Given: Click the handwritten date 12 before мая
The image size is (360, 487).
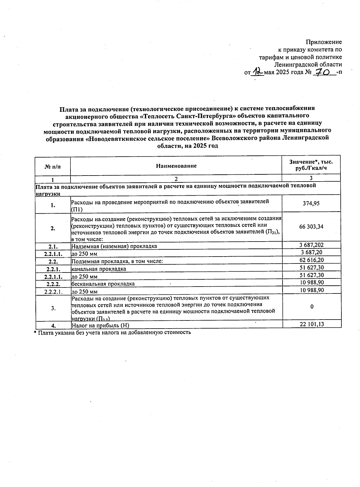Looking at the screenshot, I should pos(258,72).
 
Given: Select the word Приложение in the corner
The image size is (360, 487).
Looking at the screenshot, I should pos(324,42).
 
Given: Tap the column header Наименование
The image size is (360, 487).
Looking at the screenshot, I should pos(176,166).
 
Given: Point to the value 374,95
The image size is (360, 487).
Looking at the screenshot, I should pos(311,203).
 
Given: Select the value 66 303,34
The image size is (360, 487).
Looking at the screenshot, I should pos(311,227).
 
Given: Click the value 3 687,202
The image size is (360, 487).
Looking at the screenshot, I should pos(311,245).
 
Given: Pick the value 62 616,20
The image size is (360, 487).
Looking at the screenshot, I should pos(311,260).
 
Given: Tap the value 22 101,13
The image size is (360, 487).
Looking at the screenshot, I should pos(311,324).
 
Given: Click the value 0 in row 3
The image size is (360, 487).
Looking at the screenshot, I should pos(312,306).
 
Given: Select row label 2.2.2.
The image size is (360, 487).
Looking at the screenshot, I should pos(53,284).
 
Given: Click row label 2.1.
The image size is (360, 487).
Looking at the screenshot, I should pos(53,246).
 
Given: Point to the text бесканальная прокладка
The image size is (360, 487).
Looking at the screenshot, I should pos(103,284).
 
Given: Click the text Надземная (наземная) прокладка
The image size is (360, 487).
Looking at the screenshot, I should pos(114,246).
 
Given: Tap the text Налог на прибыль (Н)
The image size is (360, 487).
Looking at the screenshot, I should pos(100,325).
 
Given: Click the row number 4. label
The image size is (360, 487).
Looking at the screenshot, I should pos(53,325).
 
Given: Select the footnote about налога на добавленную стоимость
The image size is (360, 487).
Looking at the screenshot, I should pos(112,332).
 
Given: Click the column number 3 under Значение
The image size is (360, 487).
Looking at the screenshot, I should pos(311,178).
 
